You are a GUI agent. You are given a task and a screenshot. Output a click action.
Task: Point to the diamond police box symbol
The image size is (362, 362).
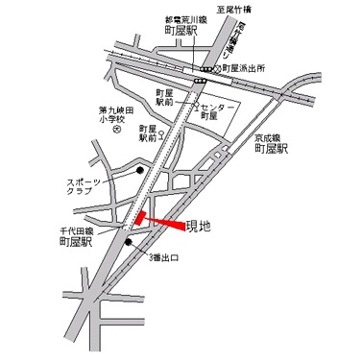coord(217,70)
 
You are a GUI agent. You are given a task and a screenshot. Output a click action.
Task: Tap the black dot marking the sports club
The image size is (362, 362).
coord(139,172)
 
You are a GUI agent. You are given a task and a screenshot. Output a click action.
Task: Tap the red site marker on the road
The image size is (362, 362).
coord(140,219)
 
